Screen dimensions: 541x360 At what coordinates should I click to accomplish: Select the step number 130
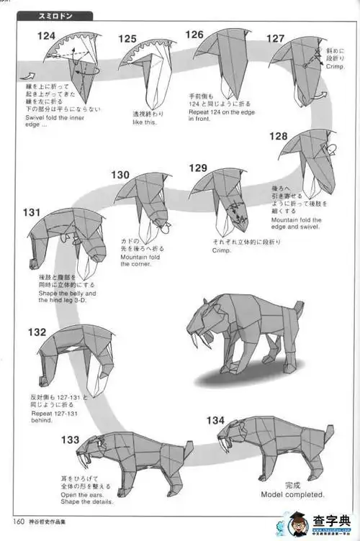120,174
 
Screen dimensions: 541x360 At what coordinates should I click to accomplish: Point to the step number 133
71,440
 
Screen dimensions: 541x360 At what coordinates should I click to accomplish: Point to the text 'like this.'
145,122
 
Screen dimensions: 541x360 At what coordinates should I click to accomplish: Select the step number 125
127,40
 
